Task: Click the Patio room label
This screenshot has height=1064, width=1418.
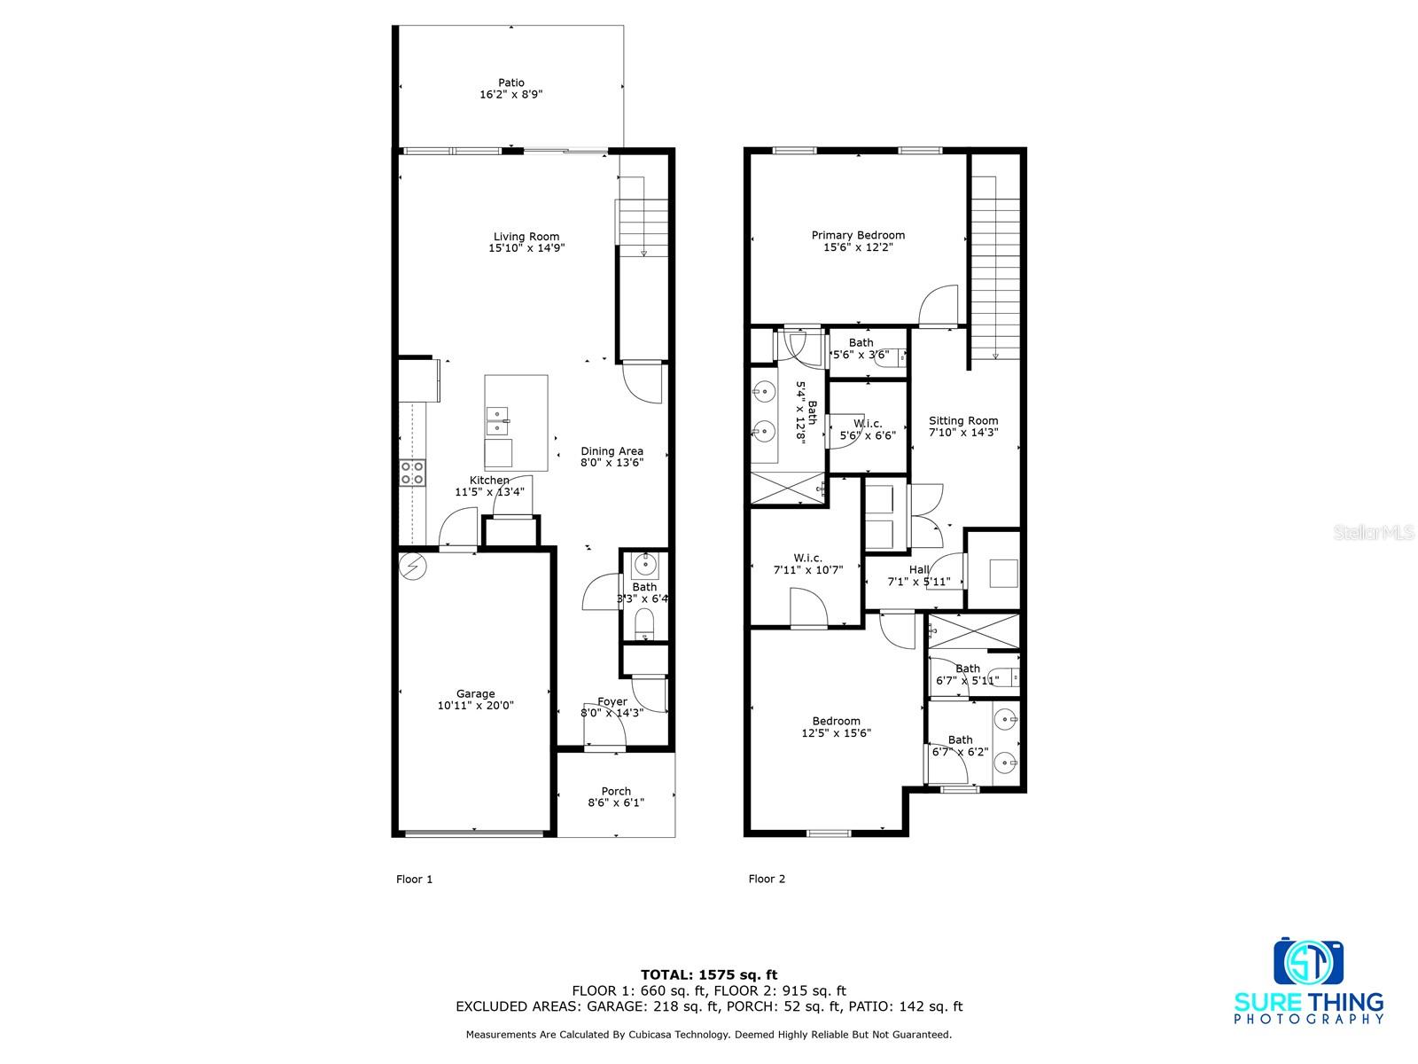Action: (510, 83)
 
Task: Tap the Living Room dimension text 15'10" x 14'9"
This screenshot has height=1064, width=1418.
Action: (526, 248)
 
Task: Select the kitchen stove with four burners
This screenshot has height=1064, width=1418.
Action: (412, 473)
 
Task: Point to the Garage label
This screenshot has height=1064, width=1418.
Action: (476, 694)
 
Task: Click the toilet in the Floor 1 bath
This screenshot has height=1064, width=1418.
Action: (644, 623)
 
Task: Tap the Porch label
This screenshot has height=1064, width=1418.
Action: (616, 791)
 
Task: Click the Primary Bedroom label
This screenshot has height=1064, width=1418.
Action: (858, 235)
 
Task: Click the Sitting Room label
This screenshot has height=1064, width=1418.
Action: (963, 421)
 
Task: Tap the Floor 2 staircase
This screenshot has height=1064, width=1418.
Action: (995, 266)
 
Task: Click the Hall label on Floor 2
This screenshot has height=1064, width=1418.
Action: (919, 570)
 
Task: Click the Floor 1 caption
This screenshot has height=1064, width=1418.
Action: (414, 880)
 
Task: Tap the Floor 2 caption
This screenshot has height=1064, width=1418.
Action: (767, 880)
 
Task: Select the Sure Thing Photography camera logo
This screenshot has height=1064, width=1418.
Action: (1308, 962)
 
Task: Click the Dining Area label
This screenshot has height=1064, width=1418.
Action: (612, 451)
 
